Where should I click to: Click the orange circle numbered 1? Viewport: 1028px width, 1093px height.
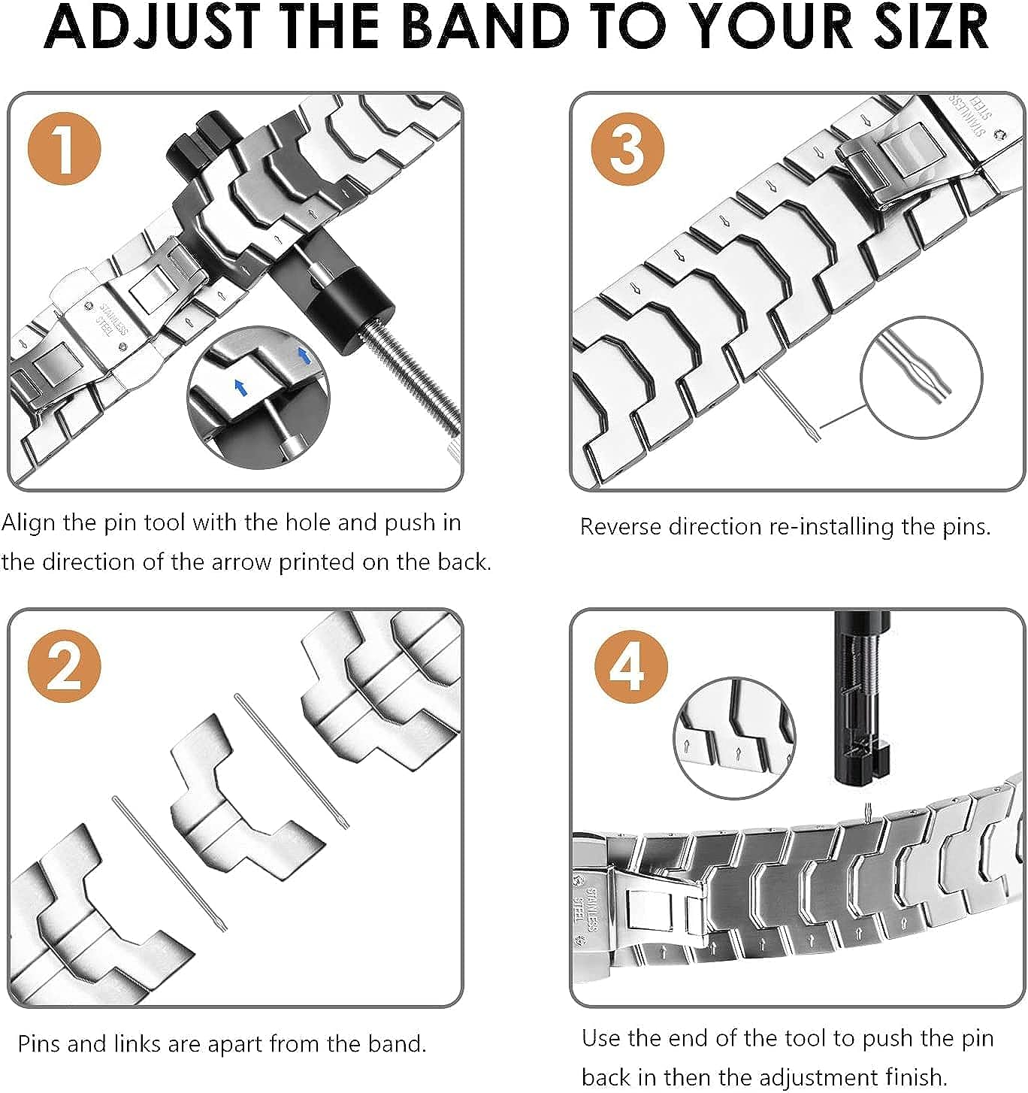[65, 147]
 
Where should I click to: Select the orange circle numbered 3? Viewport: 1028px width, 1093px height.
[627, 147]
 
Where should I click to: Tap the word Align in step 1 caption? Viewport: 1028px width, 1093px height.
[29, 522]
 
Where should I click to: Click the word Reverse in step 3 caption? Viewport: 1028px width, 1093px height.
[621, 526]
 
